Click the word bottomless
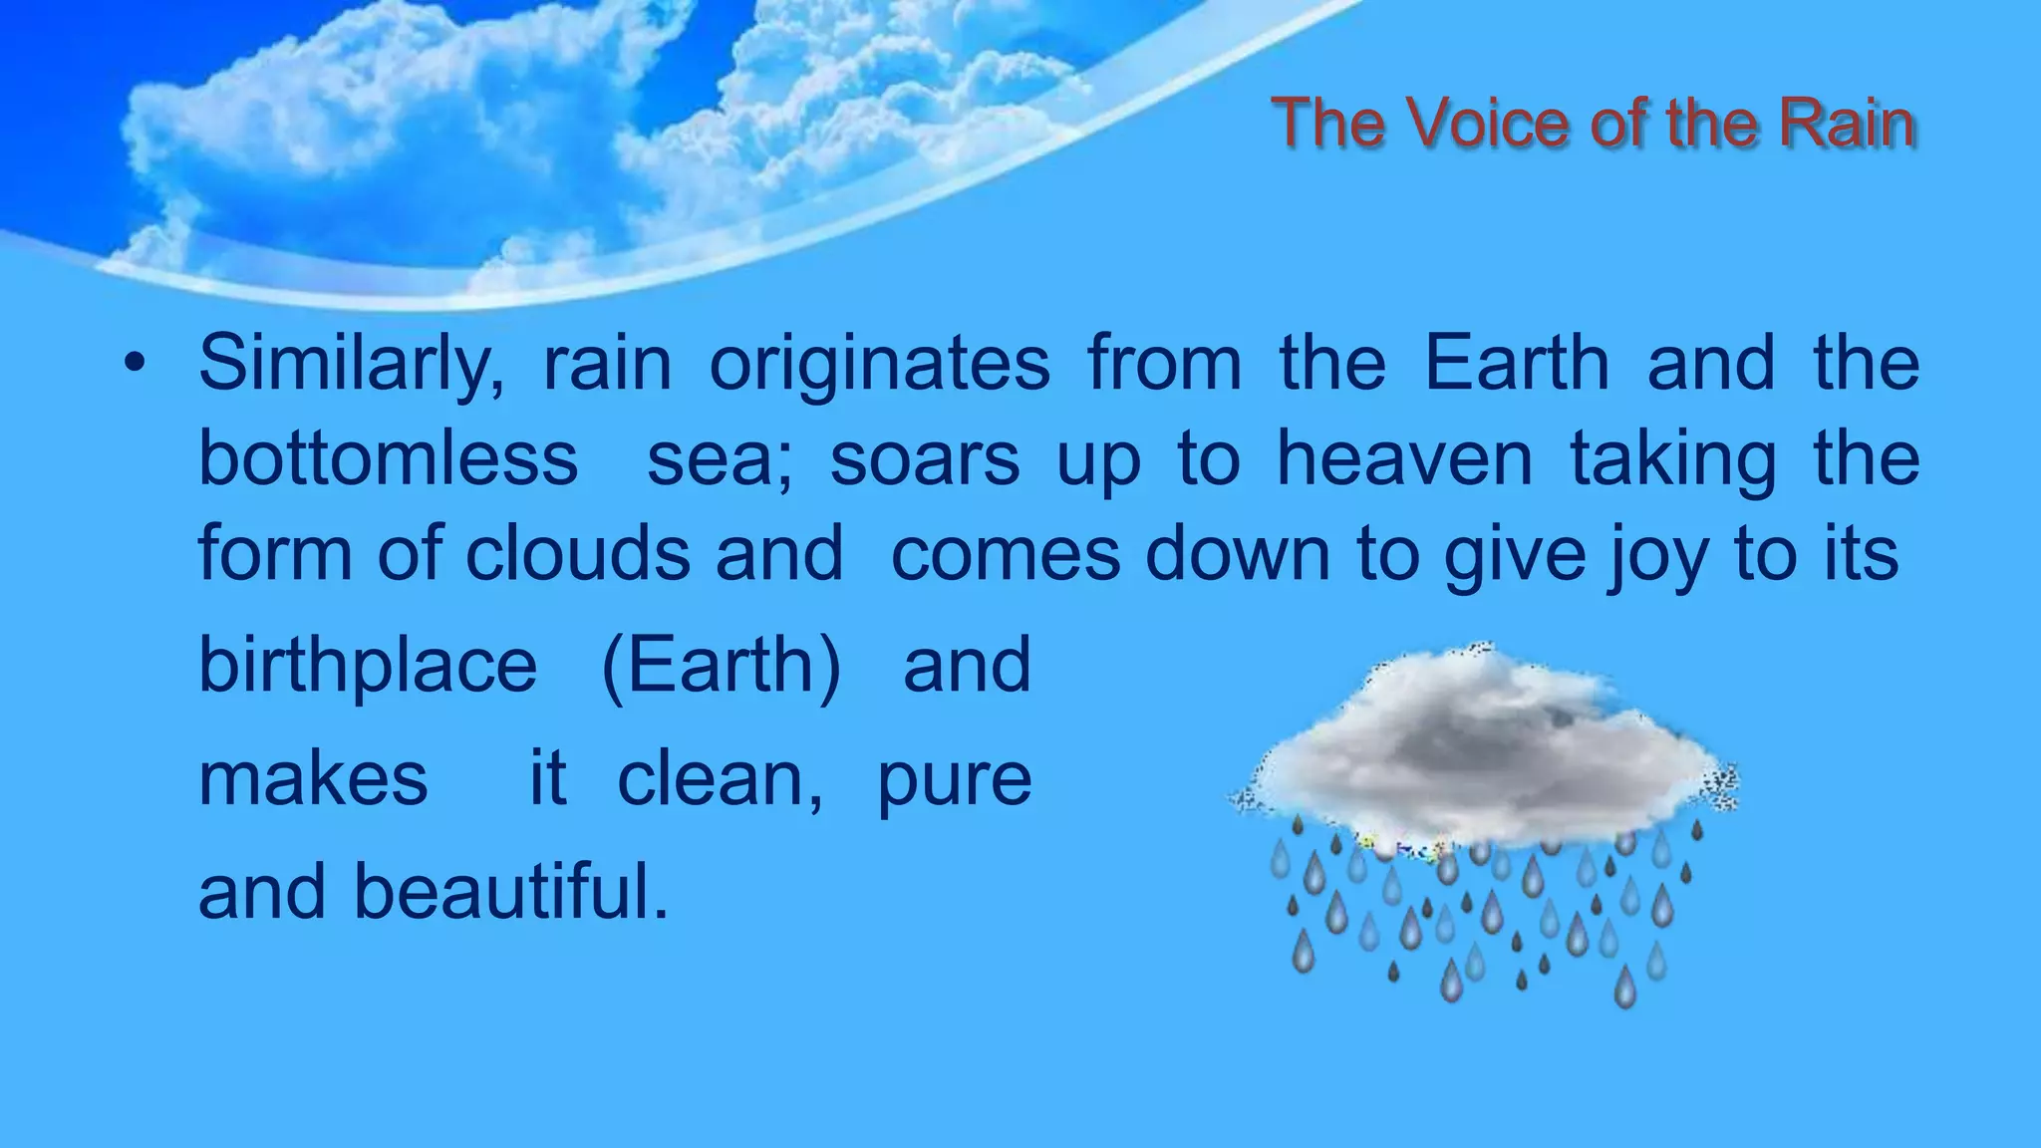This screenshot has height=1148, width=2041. point(389,458)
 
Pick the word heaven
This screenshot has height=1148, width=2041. point(1405,458)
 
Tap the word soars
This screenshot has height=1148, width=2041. point(925,458)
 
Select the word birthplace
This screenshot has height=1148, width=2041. point(368,667)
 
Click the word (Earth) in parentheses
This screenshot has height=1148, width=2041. point(722,667)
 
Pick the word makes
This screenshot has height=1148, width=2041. point(313,779)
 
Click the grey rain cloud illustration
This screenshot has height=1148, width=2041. point(1485,757)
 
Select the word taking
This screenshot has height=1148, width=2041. point(1673,460)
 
